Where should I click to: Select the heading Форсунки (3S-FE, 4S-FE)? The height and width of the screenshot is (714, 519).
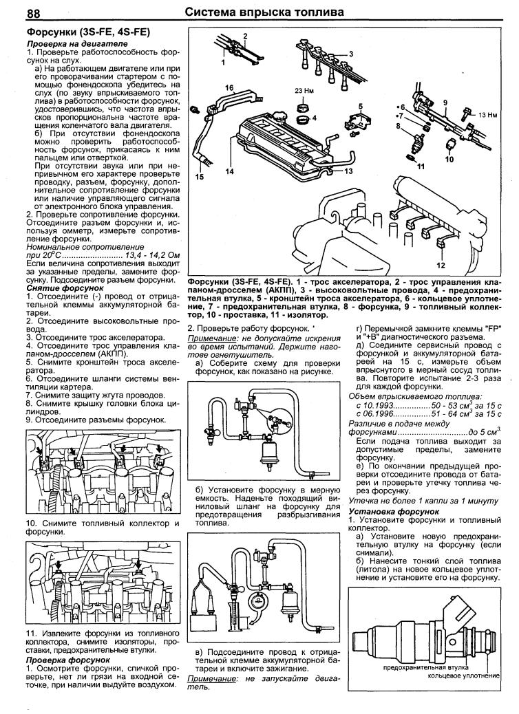[89, 32]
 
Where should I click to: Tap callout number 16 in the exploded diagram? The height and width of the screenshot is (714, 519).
[229, 87]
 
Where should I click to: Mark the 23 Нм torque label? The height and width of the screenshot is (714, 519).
[304, 91]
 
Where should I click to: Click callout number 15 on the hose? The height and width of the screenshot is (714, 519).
[200, 177]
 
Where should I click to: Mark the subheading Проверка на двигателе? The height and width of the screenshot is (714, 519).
[67, 44]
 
